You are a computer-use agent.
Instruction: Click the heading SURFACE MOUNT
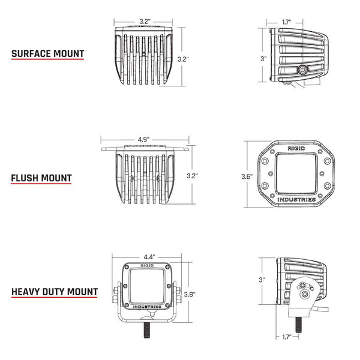pyautogui.click(x=47, y=53)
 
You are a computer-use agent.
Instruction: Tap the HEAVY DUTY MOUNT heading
pyautogui.click(x=54, y=292)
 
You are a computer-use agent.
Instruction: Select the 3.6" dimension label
pyautogui.click(x=247, y=176)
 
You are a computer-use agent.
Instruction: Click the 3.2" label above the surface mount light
pyautogui.click(x=144, y=21)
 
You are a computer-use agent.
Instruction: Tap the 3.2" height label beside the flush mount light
pyautogui.click(x=192, y=176)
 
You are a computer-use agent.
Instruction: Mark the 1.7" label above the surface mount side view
pyautogui.click(x=287, y=22)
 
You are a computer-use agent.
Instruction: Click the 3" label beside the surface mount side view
pyautogui.click(x=263, y=59)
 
